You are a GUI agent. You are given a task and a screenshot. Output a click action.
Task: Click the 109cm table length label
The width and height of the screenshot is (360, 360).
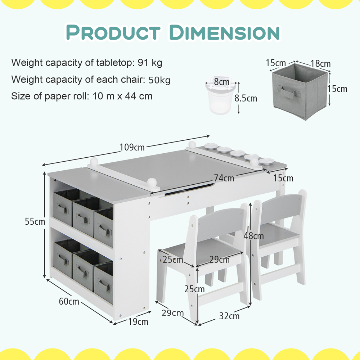click(132, 147)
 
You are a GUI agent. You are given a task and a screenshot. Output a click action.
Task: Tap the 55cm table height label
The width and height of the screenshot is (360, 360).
click(35, 221)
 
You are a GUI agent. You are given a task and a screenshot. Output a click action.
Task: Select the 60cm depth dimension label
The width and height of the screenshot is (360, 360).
click(69, 301)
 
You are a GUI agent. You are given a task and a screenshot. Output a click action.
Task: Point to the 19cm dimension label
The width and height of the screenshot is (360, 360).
click(138, 321)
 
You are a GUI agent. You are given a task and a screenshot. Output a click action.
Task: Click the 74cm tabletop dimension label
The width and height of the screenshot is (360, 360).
click(224, 178)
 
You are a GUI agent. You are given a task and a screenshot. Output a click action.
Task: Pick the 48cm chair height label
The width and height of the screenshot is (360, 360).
click(254, 236)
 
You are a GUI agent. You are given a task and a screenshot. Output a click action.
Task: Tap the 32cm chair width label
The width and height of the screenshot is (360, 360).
click(229, 316)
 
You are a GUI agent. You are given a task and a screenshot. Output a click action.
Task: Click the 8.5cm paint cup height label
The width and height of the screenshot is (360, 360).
click(246, 98)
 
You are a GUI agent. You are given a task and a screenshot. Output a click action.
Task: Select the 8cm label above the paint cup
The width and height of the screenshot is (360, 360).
click(221, 82)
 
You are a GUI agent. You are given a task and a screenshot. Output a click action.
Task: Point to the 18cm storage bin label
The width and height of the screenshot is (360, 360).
click(320, 64)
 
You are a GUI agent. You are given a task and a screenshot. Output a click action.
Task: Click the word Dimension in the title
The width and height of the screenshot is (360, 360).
click(224, 32)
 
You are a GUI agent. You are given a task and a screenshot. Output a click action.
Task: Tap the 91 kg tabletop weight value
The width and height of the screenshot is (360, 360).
click(150, 63)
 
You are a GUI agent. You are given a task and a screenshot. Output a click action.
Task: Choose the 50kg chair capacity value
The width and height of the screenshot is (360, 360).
click(159, 80)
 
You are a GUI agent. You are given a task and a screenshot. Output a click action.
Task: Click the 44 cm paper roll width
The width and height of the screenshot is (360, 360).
click(139, 96)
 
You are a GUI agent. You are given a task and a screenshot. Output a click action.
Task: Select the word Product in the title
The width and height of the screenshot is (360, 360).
click(113, 32)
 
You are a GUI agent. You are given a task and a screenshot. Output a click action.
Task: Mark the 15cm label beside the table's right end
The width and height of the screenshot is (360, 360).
click(283, 178)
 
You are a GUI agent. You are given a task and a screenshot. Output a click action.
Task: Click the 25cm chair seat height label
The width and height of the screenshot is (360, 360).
click(194, 289)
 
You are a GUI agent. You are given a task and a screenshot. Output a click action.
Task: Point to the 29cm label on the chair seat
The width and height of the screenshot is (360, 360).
click(220, 260)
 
